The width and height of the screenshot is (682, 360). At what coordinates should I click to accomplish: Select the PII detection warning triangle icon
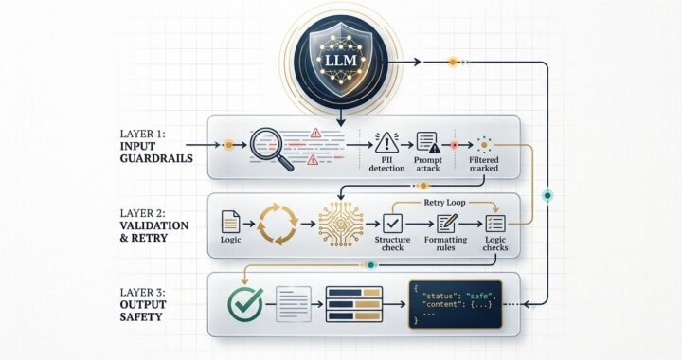tap(385, 143)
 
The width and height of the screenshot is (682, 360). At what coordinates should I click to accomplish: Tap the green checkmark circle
tap(245, 305)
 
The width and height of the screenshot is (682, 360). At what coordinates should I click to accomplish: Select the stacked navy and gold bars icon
tap(353, 304)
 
